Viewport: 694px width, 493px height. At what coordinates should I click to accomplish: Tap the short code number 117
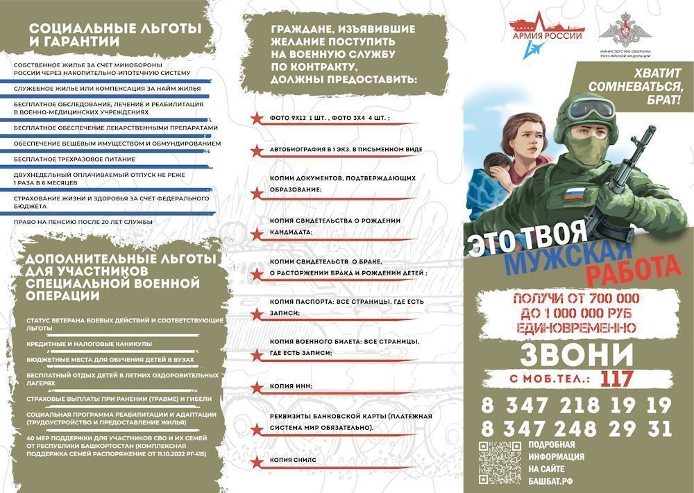[617, 379]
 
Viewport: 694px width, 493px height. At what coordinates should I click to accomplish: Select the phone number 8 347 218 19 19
[576, 405]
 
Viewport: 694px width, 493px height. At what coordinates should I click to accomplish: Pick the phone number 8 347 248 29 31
[576, 428]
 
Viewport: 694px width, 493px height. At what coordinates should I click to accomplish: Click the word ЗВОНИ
[577, 354]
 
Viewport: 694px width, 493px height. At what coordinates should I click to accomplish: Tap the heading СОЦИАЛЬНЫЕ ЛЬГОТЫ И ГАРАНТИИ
[115, 35]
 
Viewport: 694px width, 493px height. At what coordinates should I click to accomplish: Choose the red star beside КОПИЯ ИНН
[256, 386]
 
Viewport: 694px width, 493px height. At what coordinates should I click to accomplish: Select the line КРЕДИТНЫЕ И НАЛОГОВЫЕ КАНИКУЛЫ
[89, 343]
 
